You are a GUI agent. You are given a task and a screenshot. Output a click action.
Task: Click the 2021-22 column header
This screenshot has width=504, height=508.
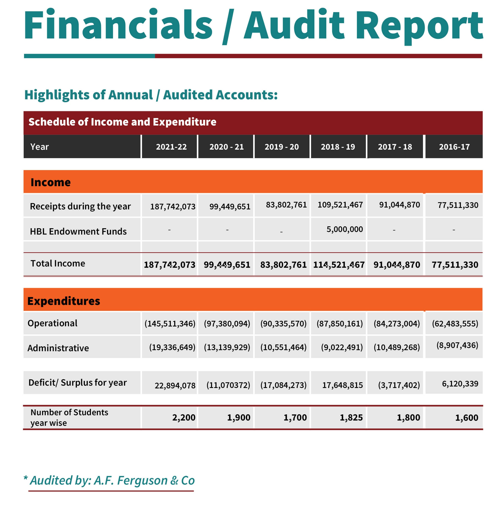pyautogui.click(x=171, y=147)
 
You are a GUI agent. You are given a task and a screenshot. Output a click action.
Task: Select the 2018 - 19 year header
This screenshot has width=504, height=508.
pyautogui.click(x=338, y=147)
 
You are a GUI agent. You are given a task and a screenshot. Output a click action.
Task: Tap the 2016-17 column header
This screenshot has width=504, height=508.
pyautogui.click(x=454, y=147)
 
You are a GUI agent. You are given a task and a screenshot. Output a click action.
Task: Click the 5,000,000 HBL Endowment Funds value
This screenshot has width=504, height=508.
pyautogui.click(x=345, y=229)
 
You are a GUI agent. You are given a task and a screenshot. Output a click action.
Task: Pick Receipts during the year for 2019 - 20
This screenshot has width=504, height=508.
pyautogui.click(x=286, y=205)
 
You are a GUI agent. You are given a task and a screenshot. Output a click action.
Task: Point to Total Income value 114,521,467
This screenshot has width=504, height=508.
pyautogui.click(x=339, y=265)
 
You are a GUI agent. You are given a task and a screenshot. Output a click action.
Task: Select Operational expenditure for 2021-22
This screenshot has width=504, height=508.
pyautogui.click(x=170, y=323)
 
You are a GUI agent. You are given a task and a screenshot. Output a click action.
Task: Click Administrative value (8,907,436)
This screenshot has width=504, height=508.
pyautogui.click(x=457, y=345)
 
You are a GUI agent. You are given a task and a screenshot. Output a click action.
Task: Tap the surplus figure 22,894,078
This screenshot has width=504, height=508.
pyautogui.click(x=175, y=385)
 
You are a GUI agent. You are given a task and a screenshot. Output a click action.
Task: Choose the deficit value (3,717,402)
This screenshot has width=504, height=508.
pyautogui.click(x=399, y=385)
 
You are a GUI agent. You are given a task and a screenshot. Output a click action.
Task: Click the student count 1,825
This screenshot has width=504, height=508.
pyautogui.click(x=351, y=418)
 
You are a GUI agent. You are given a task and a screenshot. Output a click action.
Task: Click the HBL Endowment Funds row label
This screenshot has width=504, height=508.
pyautogui.click(x=78, y=231)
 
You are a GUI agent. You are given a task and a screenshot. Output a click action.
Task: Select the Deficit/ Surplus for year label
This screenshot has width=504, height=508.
pyautogui.click(x=77, y=382)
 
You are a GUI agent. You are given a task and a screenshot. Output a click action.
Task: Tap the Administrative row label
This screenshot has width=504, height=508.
pyautogui.click(x=58, y=348)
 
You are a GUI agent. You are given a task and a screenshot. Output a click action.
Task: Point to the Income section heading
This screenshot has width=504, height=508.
pyautogui.click(x=51, y=182)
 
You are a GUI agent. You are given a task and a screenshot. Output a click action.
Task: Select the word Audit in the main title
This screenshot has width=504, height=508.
pyautogui.click(x=294, y=25)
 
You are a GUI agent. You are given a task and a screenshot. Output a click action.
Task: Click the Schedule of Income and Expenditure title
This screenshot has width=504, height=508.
pyautogui.click(x=122, y=122)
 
